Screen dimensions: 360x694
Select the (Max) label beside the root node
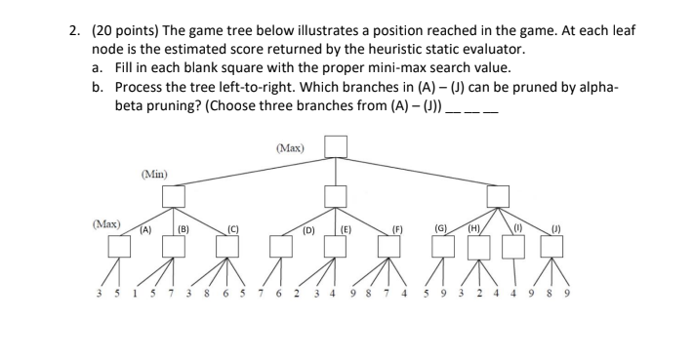[290, 148]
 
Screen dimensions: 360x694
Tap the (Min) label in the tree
[153, 175]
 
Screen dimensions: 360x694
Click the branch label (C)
[232, 231]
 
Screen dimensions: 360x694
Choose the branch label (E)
[347, 231]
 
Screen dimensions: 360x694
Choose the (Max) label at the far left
[107, 224]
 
